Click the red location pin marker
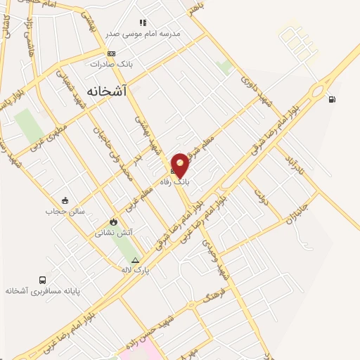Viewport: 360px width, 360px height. coord(181,165)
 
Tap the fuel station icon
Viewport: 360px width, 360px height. coord(331,99)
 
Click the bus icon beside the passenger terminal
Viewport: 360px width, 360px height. coord(44,280)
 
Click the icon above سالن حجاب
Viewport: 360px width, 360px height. coord(65,200)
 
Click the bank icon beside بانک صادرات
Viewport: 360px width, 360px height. coord(111,53)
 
